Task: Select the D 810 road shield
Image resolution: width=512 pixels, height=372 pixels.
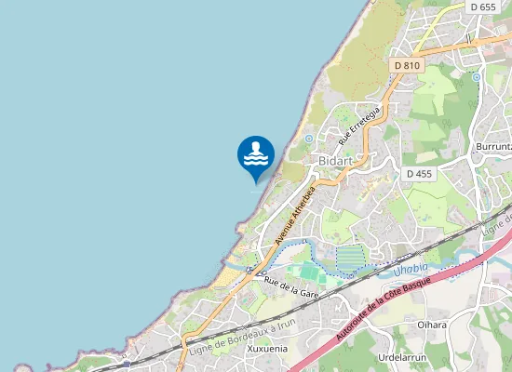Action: pyautogui.click(x=407, y=65)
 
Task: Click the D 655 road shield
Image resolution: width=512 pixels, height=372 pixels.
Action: pyautogui.click(x=483, y=7)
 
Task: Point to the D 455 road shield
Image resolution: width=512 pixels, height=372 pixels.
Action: pyautogui.click(x=419, y=174)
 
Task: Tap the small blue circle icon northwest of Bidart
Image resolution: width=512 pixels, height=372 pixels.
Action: pyautogui.click(x=309, y=139)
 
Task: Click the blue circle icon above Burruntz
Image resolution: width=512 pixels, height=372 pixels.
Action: pyautogui.click(x=476, y=77)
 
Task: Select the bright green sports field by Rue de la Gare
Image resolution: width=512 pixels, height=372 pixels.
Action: pyautogui.click(x=304, y=272)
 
